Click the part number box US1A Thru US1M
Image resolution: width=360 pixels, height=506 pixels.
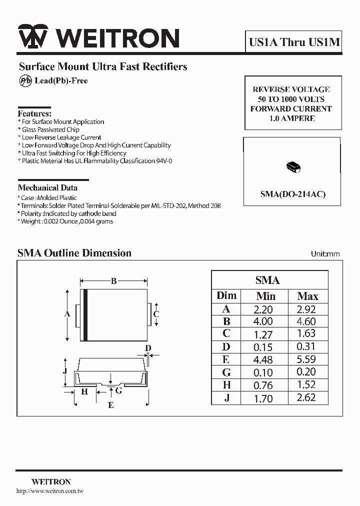click(x=294, y=42)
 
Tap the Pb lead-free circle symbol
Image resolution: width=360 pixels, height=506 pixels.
click(x=25, y=80)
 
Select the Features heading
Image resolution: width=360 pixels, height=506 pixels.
click(x=34, y=113)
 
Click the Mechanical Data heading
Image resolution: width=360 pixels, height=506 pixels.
click(x=47, y=188)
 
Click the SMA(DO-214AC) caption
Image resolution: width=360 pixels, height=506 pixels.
click(x=292, y=194)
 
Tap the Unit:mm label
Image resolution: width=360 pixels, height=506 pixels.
click(x=325, y=254)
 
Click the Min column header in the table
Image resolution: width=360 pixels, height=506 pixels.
click(x=265, y=296)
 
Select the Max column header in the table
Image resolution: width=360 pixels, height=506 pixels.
click(x=307, y=296)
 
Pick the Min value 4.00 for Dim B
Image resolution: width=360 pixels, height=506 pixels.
click(x=263, y=321)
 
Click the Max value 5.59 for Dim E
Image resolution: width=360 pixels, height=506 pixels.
click(x=306, y=359)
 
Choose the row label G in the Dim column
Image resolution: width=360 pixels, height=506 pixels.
click(x=226, y=372)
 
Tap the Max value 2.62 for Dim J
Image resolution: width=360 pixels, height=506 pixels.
click(x=306, y=398)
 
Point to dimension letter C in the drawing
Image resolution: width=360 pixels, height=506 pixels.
click(x=156, y=314)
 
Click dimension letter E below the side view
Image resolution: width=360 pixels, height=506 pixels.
click(x=111, y=405)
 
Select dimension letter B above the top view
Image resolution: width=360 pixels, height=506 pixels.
click(x=113, y=281)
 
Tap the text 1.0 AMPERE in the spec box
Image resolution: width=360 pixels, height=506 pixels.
click(x=292, y=118)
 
